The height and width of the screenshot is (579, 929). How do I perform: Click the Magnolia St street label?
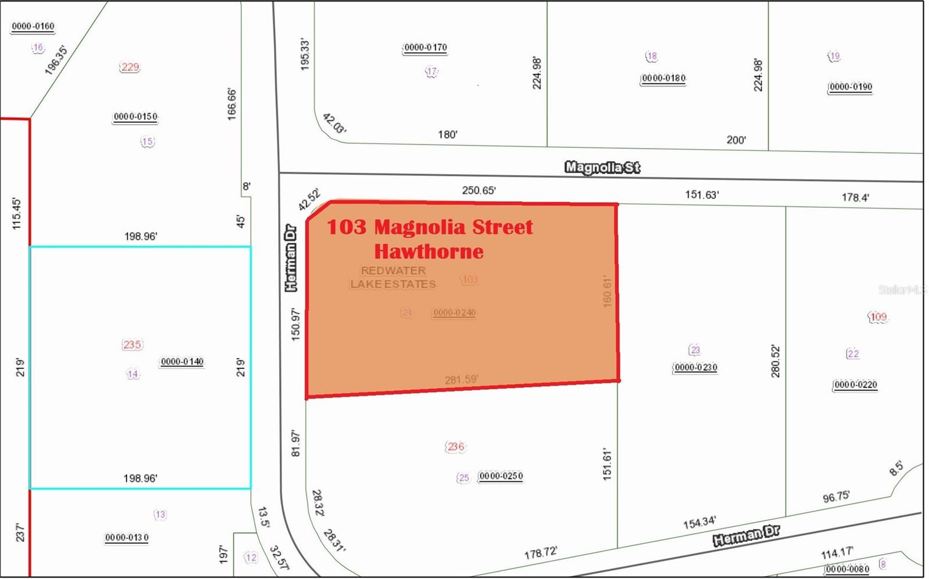click(x=602, y=168)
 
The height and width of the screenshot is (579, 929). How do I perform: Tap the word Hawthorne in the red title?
click(x=429, y=251)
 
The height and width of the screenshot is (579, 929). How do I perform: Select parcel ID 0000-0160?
click(x=33, y=26)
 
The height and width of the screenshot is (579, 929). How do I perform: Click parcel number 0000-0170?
click(x=425, y=48)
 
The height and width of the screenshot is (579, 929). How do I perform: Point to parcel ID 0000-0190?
click(x=850, y=87)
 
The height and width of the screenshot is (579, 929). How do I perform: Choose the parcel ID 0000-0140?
click(x=182, y=361)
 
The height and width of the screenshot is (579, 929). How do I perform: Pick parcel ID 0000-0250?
click(x=500, y=476)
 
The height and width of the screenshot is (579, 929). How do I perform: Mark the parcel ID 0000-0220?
click(x=855, y=385)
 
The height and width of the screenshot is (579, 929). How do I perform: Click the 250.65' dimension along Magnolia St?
click(x=479, y=190)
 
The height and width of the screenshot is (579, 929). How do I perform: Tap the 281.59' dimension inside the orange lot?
click(x=461, y=380)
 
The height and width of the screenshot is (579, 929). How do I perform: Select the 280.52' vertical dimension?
click(x=776, y=361)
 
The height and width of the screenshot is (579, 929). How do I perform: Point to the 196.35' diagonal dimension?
click(x=56, y=60)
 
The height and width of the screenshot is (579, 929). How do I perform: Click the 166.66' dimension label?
click(x=232, y=104)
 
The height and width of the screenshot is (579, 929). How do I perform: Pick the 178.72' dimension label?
click(x=541, y=553)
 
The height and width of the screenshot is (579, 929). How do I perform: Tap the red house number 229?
click(x=130, y=67)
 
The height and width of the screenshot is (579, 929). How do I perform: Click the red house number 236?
click(x=455, y=446)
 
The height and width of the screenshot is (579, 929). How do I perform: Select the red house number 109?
click(x=878, y=317)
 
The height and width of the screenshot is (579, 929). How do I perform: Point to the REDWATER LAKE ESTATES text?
click(x=393, y=277)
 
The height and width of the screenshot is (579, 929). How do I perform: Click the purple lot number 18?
click(x=651, y=56)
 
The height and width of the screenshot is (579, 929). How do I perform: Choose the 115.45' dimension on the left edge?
click(x=16, y=213)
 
